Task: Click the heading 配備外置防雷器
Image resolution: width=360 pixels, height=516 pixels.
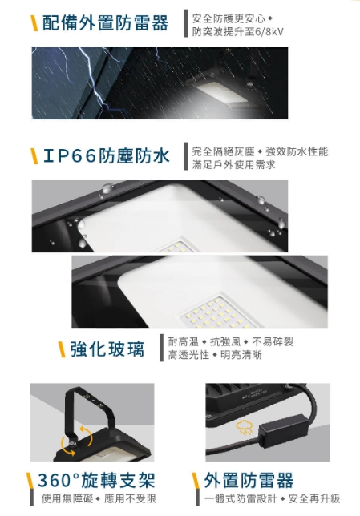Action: point(105,23)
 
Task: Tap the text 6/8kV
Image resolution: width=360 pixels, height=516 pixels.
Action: point(269,32)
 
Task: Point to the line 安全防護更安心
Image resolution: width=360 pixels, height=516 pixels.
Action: point(229,18)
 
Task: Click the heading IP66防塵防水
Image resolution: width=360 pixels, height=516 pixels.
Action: point(107,155)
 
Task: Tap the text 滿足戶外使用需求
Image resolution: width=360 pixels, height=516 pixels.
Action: point(233,164)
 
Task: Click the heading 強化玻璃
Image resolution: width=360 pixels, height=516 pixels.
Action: point(107,349)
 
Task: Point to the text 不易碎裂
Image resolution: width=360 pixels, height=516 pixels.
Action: point(273,342)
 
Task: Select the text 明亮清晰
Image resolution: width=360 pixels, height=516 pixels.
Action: point(241,355)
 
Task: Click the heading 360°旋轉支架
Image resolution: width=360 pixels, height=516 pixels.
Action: point(96,481)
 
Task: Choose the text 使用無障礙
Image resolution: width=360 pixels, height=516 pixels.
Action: point(67,499)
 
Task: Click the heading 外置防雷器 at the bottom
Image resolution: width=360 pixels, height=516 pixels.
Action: point(249,481)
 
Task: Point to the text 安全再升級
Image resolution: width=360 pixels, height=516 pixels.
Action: point(314,499)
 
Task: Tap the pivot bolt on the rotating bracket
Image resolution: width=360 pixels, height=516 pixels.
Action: point(72,443)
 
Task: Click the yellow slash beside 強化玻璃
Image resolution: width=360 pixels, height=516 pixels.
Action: point(62,349)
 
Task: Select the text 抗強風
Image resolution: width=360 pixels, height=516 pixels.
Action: point(225,342)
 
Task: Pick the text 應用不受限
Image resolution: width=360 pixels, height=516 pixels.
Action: point(130,499)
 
